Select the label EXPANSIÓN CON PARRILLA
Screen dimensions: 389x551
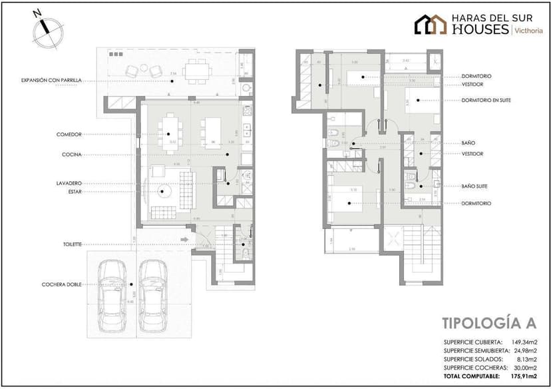coord(51,80)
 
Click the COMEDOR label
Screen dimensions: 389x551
coord(69,135)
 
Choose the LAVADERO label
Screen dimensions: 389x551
coord(69,183)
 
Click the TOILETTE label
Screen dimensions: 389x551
coord(70,244)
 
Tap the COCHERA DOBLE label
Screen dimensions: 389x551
coord(61,284)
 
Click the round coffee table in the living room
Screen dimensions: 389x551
coord(163,192)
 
